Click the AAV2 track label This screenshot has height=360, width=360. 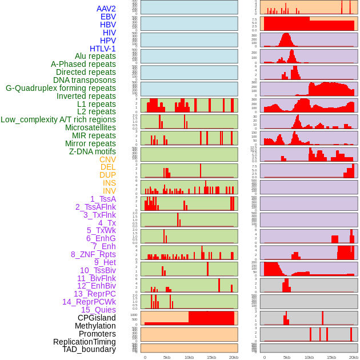pos(106,9)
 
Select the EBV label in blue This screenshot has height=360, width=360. pos(108,17)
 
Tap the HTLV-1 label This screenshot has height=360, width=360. pos(103,49)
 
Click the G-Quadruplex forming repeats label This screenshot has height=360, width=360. pos(61,88)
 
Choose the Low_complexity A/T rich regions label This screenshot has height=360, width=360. pos(58,119)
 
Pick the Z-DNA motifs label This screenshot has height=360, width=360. pos(93,151)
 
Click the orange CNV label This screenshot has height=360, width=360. pos(107,159)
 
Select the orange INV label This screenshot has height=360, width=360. pos(109,191)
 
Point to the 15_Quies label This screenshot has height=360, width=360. pos(98,310)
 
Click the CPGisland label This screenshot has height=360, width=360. pos(97,318)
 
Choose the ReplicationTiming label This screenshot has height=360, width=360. pos(85,342)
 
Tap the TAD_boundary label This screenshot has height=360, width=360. pos(89,349)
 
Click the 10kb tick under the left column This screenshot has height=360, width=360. pos(189,357)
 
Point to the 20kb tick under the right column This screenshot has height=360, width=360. pos(354,357)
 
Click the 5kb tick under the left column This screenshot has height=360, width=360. pos(167,357)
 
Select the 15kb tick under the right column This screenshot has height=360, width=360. pos(331,357)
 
